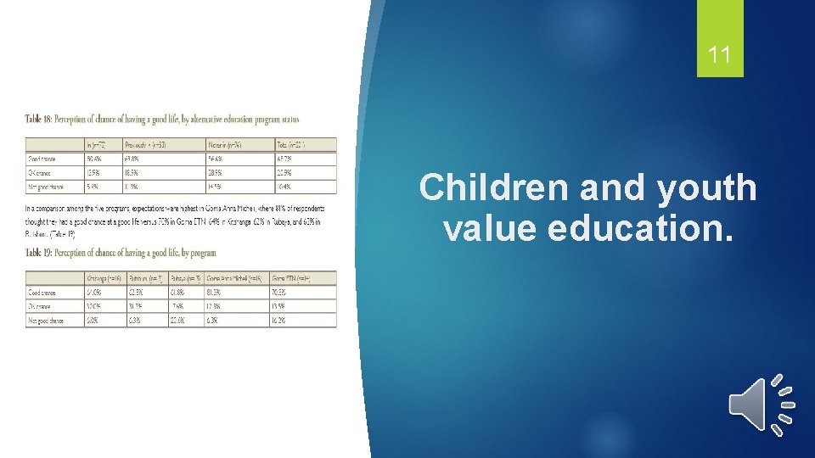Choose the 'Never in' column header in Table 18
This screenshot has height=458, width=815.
(224, 144)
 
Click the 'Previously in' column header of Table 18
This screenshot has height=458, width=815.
(145, 144)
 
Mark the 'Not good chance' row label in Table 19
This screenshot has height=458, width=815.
(47, 321)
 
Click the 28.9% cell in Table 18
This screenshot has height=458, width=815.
(216, 172)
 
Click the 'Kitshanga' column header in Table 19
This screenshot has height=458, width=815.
(104, 278)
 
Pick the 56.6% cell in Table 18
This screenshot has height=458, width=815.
(216, 159)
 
